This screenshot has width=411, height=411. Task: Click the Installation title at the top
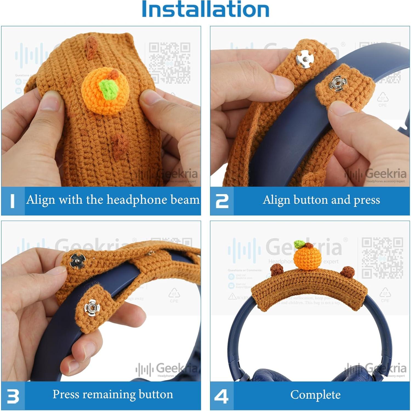coord(205,10)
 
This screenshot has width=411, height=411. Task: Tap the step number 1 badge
coord(13,201)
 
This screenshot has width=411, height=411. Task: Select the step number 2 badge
coord(222,201)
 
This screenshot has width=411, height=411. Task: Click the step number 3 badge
coord(13,396)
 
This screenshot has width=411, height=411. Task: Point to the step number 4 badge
coord(222,396)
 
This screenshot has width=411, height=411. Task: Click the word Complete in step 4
coord(315,395)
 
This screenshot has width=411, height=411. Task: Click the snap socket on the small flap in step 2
coord(338,84)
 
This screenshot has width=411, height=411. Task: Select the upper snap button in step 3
coord(77,260)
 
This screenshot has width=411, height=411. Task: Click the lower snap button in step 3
coord(92,308)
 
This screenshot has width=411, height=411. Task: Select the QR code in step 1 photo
coord(169,63)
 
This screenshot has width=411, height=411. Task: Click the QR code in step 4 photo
coord(382,258)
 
